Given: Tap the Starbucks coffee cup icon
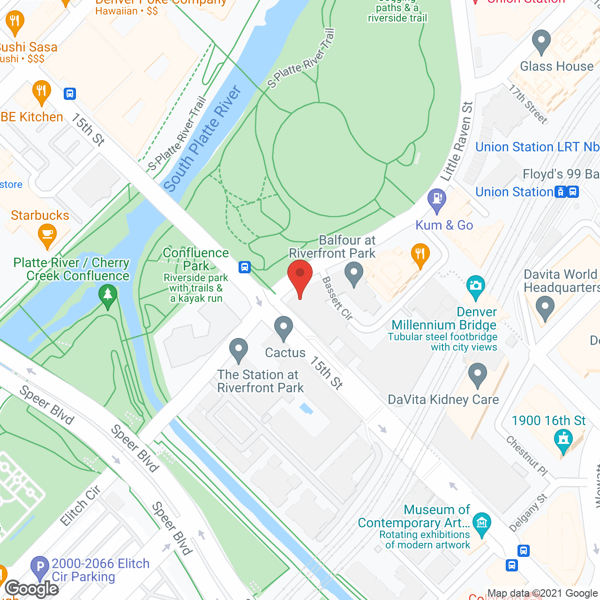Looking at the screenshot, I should (x=47, y=234).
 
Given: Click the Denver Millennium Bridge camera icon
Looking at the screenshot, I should (x=476, y=285).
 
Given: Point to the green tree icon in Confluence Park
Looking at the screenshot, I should (x=108, y=296).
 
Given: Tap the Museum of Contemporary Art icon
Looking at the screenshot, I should (x=481, y=523).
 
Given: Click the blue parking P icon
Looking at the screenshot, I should (x=40, y=567).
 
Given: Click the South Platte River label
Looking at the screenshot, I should (x=202, y=139).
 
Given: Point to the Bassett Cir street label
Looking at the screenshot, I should (x=337, y=299).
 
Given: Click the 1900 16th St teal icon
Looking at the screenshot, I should (x=563, y=441).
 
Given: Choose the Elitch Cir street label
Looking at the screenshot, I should (x=81, y=506).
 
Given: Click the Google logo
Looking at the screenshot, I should (x=32, y=589).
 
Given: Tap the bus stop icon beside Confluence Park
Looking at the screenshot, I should (x=244, y=267).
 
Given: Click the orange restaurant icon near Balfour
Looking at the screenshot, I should (x=420, y=255).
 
